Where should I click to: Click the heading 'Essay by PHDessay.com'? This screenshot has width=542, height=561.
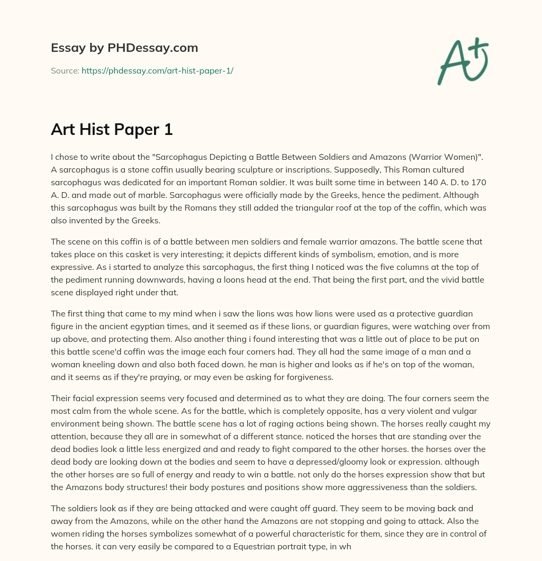point(124,48)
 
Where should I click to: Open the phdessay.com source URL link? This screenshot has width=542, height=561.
point(157,70)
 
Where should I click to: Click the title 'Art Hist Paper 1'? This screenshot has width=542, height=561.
point(112,130)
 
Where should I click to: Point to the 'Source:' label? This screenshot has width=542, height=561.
point(65,70)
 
